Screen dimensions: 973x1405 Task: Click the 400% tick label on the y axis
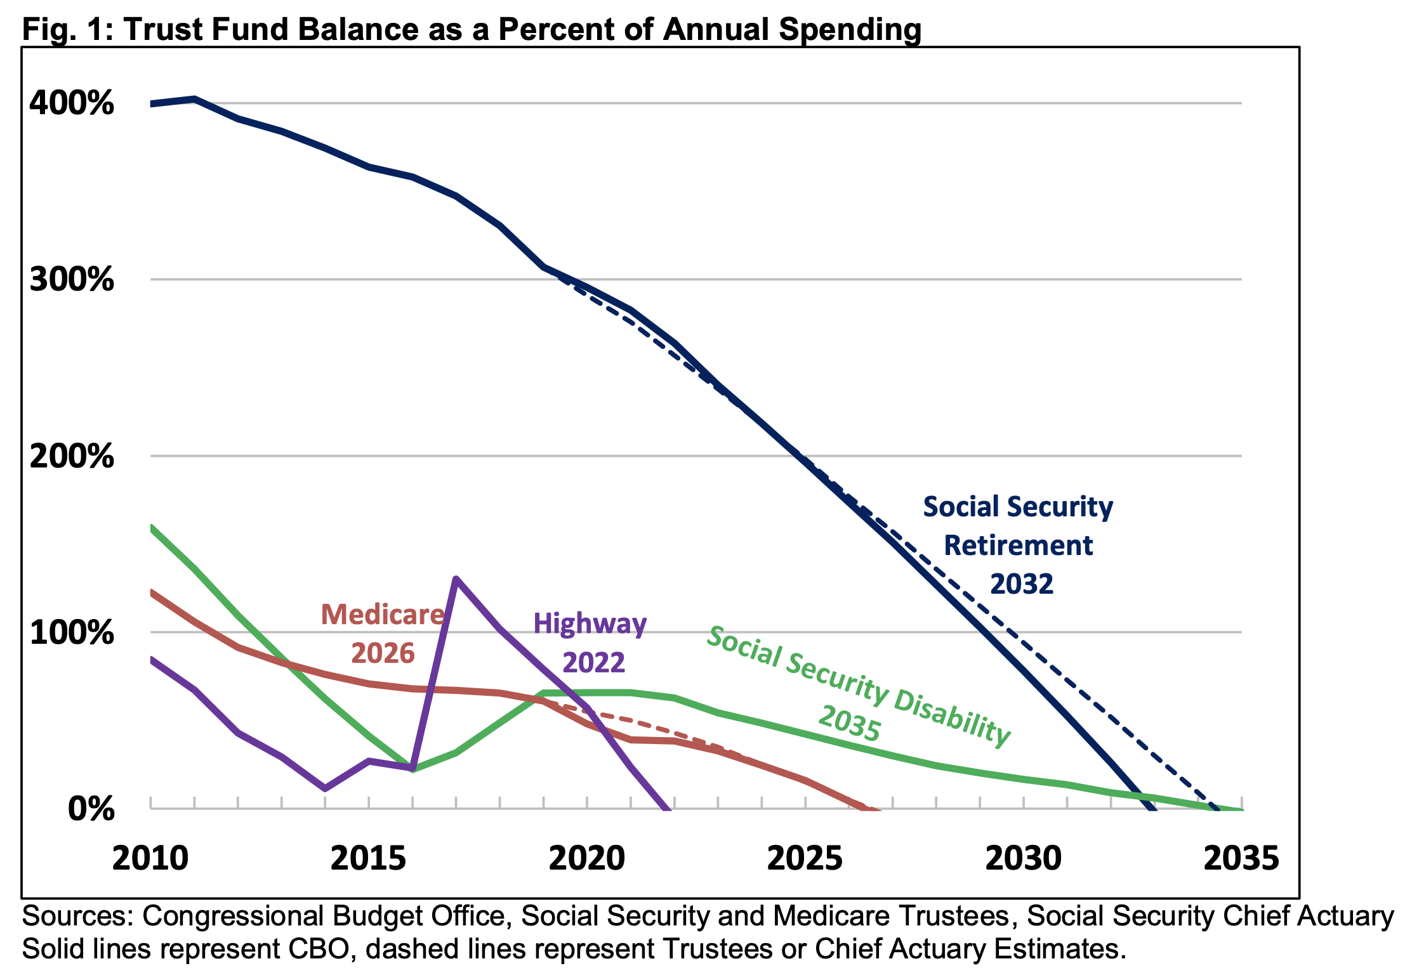point(72,103)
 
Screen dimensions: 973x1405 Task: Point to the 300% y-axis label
point(72,279)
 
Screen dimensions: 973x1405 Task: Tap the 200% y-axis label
point(72,456)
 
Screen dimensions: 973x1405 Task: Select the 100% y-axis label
point(72,632)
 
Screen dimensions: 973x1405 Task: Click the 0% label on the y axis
point(91,809)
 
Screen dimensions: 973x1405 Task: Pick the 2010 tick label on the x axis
point(150,858)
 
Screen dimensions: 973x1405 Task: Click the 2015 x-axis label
point(368,858)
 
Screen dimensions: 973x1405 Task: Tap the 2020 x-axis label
point(586,858)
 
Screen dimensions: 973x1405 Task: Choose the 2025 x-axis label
point(805,858)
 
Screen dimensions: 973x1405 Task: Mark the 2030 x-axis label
point(1023,858)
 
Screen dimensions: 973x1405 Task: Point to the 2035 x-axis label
point(1241,858)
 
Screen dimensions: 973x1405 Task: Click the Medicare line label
point(383,615)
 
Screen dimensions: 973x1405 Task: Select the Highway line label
point(590,624)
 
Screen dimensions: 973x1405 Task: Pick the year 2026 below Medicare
point(383,653)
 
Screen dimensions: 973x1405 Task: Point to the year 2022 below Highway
point(593,663)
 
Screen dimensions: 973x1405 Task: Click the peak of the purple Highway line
point(456,578)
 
